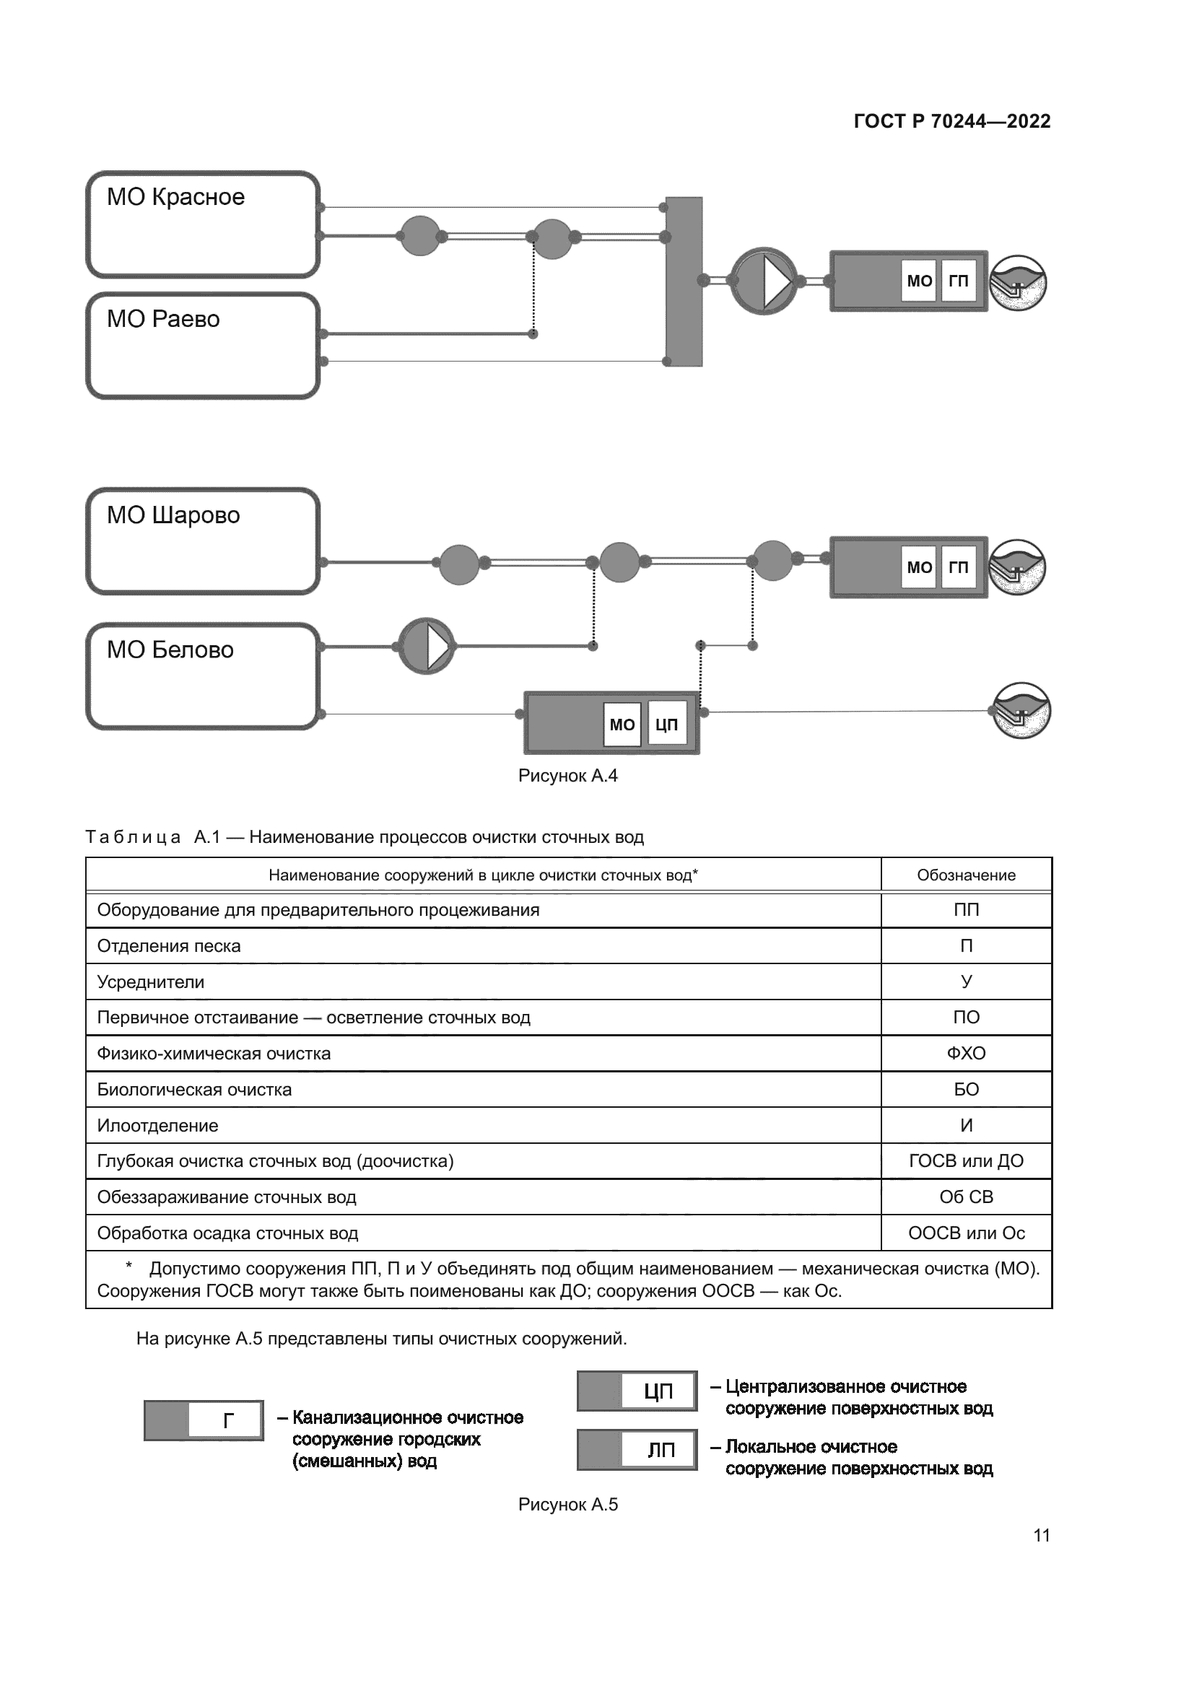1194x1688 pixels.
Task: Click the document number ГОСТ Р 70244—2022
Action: click(951, 121)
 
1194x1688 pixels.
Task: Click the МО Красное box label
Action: click(175, 197)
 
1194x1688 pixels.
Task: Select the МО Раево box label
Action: click(163, 319)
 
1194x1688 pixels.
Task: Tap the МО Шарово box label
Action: click(173, 515)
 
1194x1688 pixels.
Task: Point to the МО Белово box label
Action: click(170, 650)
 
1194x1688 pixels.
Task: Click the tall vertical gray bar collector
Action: click(684, 281)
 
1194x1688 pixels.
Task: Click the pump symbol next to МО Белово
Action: click(427, 646)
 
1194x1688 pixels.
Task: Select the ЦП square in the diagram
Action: click(666, 725)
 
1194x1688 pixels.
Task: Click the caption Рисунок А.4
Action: click(567, 776)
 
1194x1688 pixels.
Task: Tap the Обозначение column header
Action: click(965, 875)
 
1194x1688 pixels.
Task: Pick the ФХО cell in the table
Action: click(965, 1054)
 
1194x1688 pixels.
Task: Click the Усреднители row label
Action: click(151, 982)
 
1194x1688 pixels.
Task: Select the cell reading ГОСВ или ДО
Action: click(965, 1161)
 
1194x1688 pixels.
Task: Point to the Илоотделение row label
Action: click(157, 1126)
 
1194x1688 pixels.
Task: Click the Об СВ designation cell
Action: click(965, 1197)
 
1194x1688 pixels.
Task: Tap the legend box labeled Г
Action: click(204, 1420)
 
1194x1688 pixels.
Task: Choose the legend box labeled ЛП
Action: click(637, 1450)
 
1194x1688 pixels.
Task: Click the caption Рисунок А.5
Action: click(567, 1504)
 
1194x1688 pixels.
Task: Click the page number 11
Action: click(1041, 1535)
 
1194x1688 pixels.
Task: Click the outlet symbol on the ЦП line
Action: click(1021, 711)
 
